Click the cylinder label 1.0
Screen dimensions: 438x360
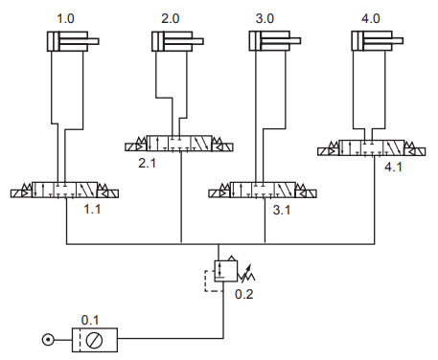65,18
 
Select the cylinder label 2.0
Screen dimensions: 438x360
171,18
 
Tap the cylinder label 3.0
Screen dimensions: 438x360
265,18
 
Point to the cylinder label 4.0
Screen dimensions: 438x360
371,18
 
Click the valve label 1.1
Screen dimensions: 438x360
92,209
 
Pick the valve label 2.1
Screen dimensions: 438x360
147,163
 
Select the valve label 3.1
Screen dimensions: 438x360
282,210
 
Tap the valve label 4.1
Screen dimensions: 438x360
393,167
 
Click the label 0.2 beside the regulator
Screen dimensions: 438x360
244,294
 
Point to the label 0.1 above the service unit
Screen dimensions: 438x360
90,320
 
